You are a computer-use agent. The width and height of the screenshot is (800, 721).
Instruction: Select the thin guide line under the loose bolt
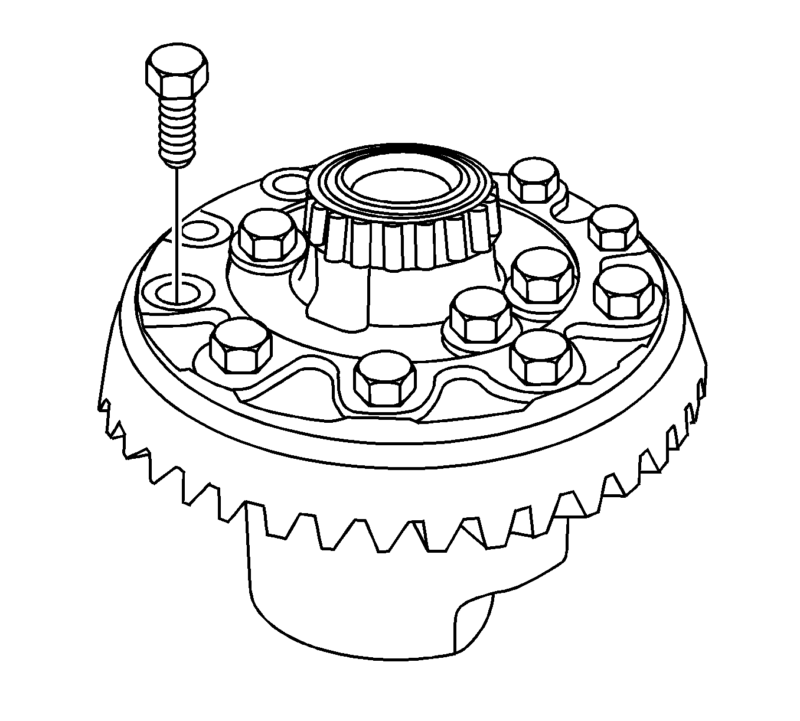tap(176, 224)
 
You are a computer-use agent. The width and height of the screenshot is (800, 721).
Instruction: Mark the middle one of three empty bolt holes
tap(197, 230)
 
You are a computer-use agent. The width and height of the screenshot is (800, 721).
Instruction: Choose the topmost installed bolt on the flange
tap(534, 180)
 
